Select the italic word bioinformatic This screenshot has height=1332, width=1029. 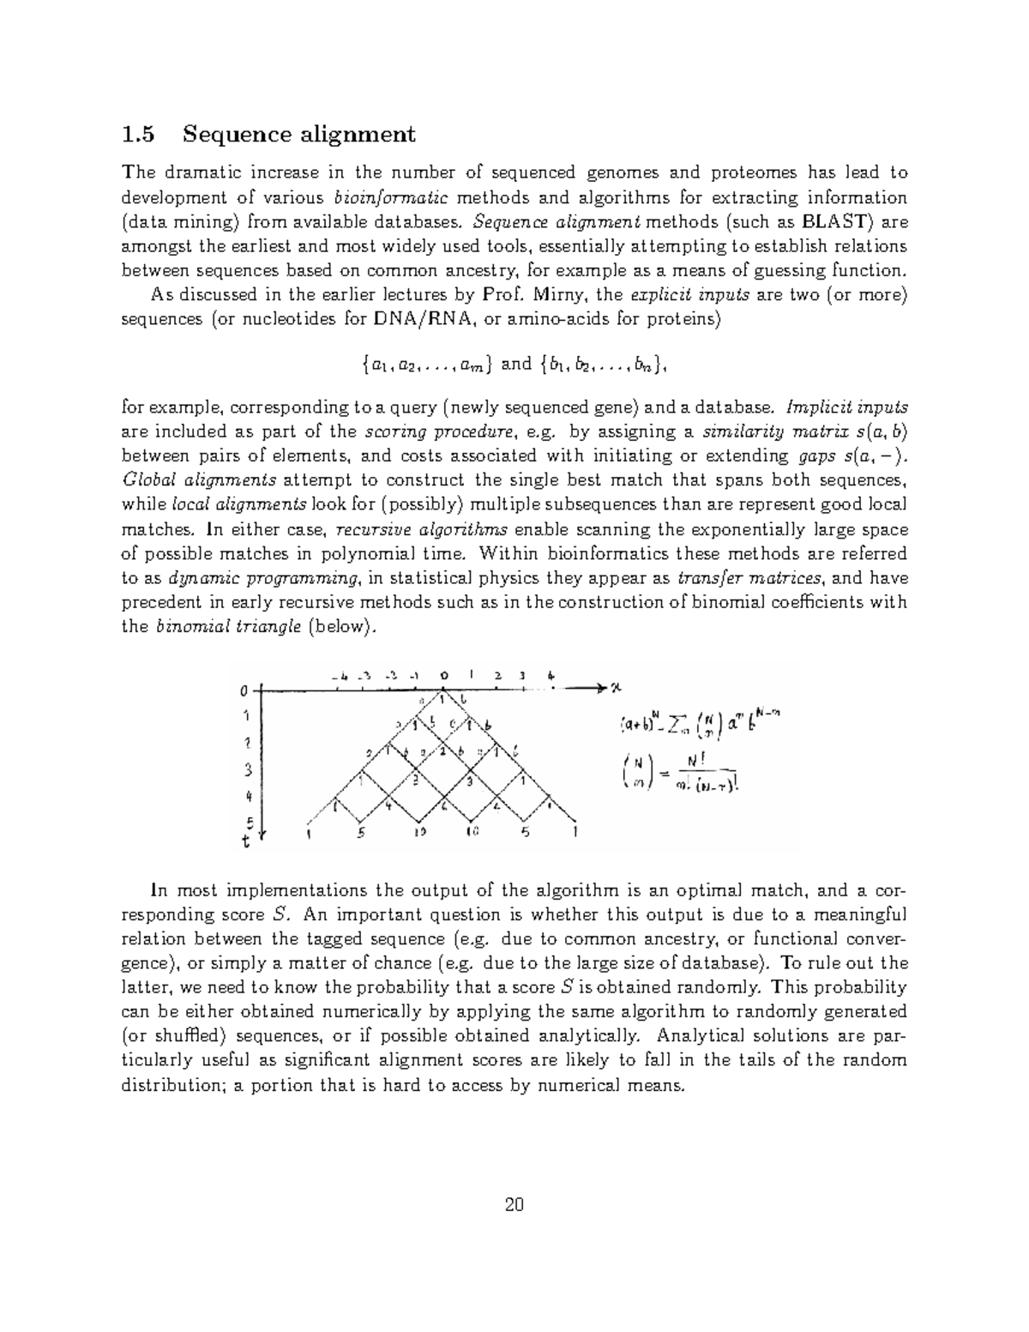(390, 197)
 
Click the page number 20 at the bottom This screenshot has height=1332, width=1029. (514, 1205)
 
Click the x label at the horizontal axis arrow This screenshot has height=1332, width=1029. (615, 687)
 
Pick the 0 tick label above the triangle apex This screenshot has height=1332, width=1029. (443, 674)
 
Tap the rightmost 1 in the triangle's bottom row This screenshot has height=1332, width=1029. (575, 831)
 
